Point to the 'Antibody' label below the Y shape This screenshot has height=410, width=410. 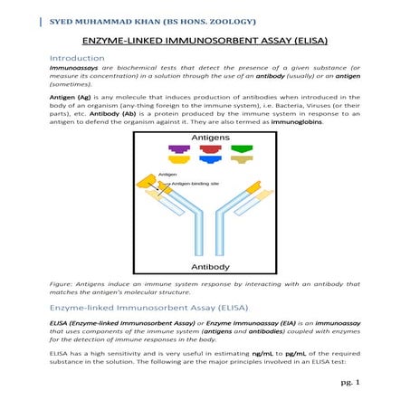click(209, 268)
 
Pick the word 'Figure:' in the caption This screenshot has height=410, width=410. click(62, 285)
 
